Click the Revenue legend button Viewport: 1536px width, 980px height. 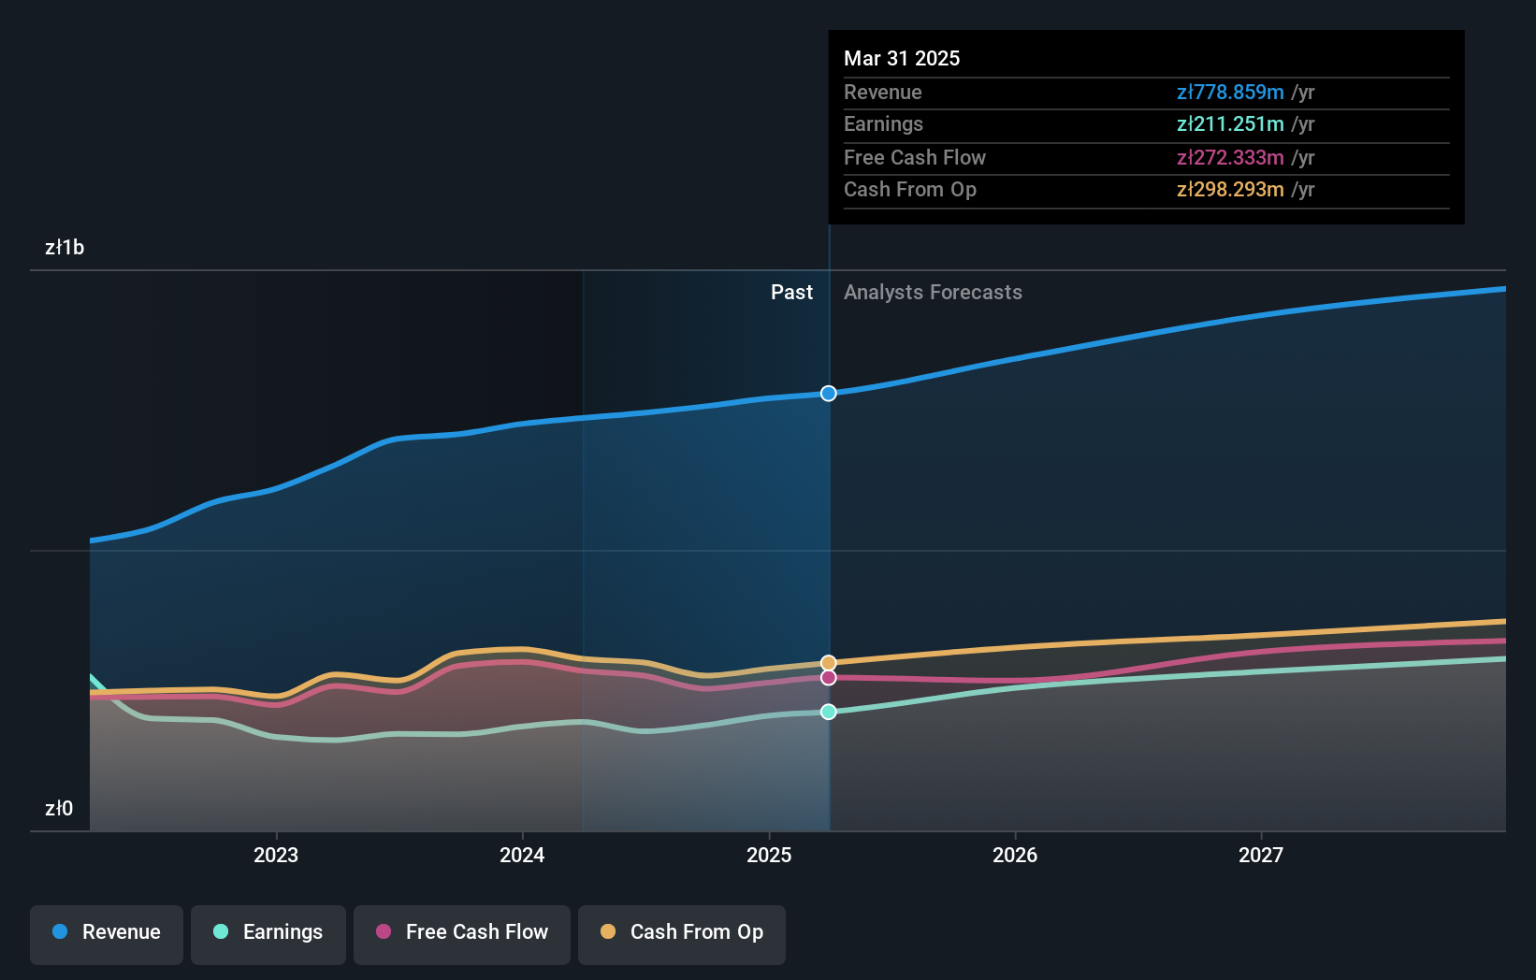pyautogui.click(x=107, y=932)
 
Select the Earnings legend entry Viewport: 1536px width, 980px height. pyautogui.click(x=268, y=932)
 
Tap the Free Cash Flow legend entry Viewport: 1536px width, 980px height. pyautogui.click(x=462, y=932)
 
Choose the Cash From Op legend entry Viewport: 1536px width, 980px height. pyautogui.click(x=682, y=932)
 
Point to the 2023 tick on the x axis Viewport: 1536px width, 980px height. pyautogui.click(x=276, y=855)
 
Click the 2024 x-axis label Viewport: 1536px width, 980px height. pyautogui.click(x=522, y=855)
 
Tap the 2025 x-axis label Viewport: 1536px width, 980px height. pyautogui.click(x=769, y=855)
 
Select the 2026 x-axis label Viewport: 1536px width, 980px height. pyautogui.click(x=1015, y=855)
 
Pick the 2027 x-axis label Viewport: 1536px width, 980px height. pyautogui.click(x=1261, y=855)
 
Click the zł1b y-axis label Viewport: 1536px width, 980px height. pyautogui.click(x=65, y=248)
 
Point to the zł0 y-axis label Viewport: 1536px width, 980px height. pyautogui.click(x=59, y=808)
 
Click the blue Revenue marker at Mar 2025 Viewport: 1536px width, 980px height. pyautogui.click(x=829, y=394)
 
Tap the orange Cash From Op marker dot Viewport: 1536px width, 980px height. pyautogui.click(x=829, y=663)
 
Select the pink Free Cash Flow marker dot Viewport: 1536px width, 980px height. pyautogui.click(x=829, y=678)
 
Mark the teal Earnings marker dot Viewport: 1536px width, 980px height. pyautogui.click(x=829, y=713)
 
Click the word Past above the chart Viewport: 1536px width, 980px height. pyautogui.click(x=791, y=293)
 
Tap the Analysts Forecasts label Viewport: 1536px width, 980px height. pyautogui.click(x=933, y=293)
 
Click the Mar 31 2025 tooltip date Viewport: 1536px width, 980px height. pyautogui.click(x=902, y=58)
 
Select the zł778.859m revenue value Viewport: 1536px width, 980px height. pyautogui.click(x=1229, y=93)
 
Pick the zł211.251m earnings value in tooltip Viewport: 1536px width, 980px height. pyautogui.click(x=1229, y=124)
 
